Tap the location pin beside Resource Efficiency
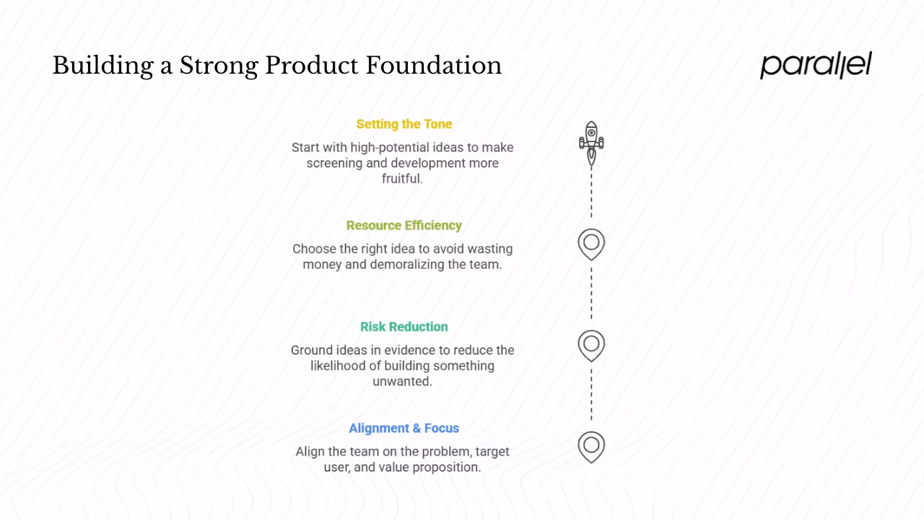click(x=591, y=243)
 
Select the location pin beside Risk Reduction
click(x=591, y=344)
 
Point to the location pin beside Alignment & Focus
click(x=591, y=446)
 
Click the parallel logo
click(x=816, y=65)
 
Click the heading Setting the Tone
click(x=404, y=124)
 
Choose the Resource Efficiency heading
click(x=404, y=225)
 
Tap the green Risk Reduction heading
click(x=404, y=326)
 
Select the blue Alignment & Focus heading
click(x=404, y=428)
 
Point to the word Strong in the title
click(x=219, y=66)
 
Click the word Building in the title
click(x=103, y=66)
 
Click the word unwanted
click(x=402, y=381)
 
